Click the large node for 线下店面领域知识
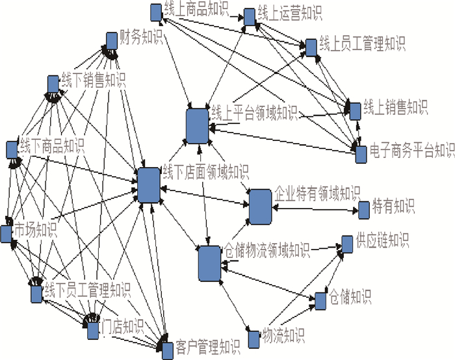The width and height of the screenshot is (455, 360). tap(149, 185)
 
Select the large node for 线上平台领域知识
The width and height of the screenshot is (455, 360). tap(196, 126)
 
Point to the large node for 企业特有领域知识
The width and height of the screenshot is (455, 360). tap(260, 206)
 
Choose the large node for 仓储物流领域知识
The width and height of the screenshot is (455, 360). tap(210, 263)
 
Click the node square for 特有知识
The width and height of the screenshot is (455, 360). tap(365, 209)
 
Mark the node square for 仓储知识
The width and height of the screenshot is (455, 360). tap(319, 301)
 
